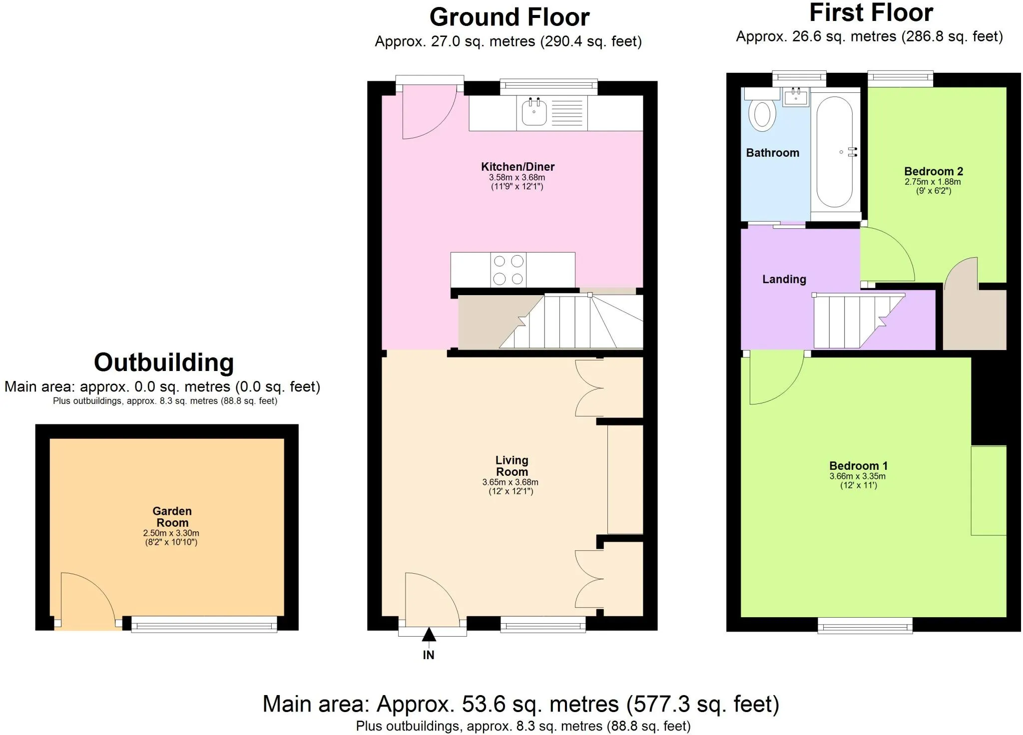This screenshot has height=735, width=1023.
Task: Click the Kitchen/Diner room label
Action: click(517, 167)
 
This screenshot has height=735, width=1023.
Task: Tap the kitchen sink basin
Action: click(534, 112)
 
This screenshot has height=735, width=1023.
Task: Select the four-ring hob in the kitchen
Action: click(509, 270)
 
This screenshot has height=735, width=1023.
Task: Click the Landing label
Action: click(784, 280)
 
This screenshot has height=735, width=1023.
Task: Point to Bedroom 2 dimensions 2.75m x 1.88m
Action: click(933, 182)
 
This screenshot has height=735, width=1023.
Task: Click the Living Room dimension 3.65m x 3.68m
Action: click(510, 482)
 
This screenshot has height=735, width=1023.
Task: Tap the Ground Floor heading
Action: click(509, 17)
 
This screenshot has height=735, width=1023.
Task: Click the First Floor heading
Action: click(871, 13)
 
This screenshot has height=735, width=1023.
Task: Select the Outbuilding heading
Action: click(164, 363)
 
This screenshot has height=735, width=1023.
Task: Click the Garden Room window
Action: click(204, 624)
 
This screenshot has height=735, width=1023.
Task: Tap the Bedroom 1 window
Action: click(865, 626)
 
